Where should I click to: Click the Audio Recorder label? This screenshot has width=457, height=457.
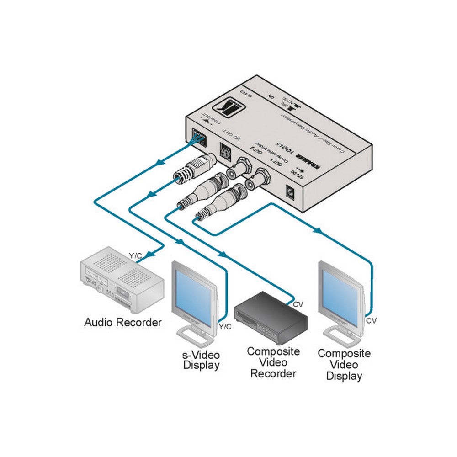click(122, 322)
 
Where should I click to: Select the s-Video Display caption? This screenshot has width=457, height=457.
click(202, 360)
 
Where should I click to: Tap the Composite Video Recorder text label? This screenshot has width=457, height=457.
click(273, 362)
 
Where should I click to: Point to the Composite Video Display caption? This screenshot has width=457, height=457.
click(344, 365)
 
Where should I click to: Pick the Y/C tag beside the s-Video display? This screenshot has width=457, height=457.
click(225, 326)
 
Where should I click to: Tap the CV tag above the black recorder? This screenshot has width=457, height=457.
click(297, 303)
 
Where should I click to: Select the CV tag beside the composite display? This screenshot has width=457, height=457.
click(372, 320)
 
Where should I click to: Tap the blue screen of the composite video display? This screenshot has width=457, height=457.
click(338, 296)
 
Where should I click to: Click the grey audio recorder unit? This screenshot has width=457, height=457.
click(121, 279)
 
